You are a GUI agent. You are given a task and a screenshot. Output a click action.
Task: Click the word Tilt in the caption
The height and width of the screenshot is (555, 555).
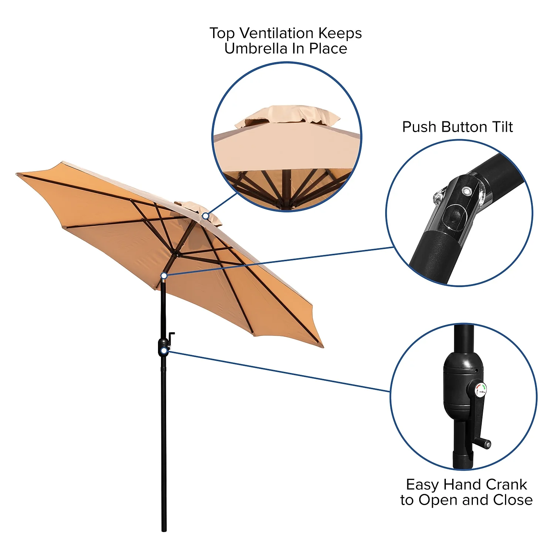tap(502, 127)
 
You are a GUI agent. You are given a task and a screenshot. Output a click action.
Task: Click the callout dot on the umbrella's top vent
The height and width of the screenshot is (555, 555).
tap(205, 216)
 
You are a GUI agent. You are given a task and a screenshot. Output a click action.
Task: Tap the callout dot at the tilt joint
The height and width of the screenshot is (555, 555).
tap(164, 276)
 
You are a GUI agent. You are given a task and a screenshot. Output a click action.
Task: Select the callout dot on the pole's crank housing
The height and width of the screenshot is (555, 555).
tap(164, 350)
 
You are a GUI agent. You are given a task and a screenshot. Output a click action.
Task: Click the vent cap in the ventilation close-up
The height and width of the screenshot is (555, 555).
tap(287, 116)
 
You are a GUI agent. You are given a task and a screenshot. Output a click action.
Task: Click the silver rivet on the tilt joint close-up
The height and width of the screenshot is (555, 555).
tap(466, 191)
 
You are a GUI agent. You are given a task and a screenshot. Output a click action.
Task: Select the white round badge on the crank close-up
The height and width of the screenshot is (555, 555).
tap(480, 390)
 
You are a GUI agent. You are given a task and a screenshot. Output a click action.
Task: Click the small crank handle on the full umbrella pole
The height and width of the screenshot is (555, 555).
tap(171, 338)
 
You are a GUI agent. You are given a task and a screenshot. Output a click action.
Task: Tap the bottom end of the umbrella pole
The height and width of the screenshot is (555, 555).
tap(164, 530)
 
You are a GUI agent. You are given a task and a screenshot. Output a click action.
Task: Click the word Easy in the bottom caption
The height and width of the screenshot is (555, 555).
tap(423, 485)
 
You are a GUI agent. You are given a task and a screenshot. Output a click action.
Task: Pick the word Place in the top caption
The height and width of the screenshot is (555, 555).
tap(328, 48)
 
